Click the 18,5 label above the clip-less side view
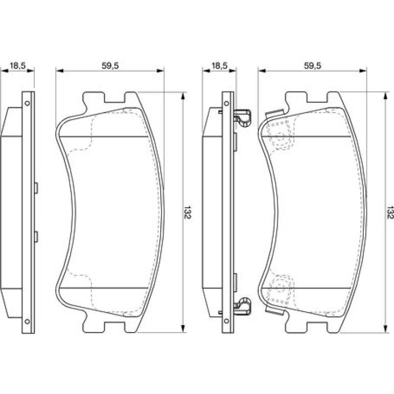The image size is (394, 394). [17, 66]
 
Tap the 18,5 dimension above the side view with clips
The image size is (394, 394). [220, 66]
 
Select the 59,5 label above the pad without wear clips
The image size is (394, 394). [110, 66]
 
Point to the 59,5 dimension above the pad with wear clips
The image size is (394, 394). [313, 66]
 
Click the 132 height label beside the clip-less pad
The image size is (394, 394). [187, 212]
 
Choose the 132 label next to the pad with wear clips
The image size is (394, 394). [390, 212]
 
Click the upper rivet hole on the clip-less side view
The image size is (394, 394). [27, 103]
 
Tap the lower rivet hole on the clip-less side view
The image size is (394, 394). [27, 321]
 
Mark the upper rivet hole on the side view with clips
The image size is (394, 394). [227, 103]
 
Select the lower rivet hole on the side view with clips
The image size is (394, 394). [227, 321]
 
